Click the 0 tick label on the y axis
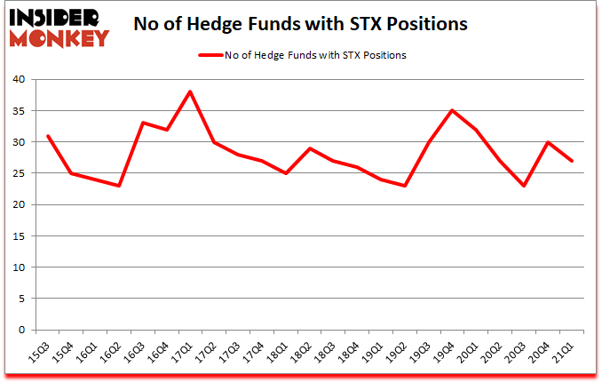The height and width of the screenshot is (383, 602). click(20, 330)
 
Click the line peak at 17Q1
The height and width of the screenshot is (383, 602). click(190, 92)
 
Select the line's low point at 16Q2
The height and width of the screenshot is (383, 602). click(118, 186)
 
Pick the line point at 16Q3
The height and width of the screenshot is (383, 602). click(142, 123)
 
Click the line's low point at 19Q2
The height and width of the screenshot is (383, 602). click(406, 186)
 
